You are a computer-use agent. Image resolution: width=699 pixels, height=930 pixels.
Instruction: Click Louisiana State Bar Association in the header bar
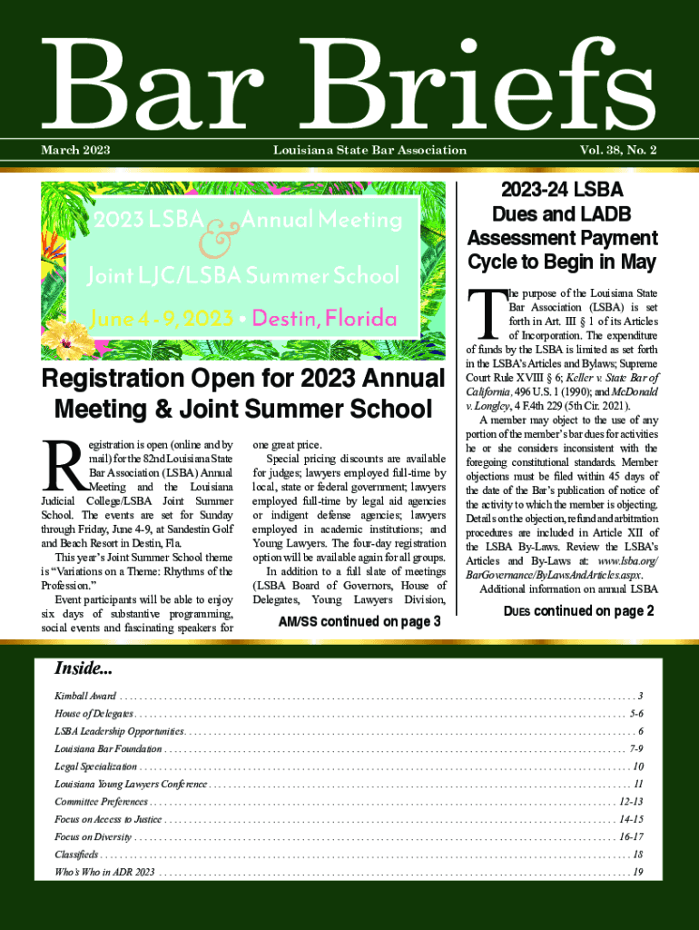(369, 150)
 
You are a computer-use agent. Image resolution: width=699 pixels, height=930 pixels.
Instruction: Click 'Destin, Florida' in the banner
(330, 319)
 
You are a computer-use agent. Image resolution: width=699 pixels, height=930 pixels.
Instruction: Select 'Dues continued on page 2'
(578, 611)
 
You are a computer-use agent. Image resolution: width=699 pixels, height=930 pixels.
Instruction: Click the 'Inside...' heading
(84, 669)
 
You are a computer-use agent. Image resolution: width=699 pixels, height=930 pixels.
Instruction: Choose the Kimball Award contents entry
(78, 695)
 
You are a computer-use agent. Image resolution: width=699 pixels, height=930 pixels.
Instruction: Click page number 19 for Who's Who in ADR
(638, 872)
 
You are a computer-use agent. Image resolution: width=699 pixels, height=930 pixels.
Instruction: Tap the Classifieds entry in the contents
(76, 855)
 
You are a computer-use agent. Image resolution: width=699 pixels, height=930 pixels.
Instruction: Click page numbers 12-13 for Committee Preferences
(631, 801)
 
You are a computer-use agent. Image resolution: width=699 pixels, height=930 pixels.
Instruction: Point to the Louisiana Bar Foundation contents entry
(108, 748)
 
